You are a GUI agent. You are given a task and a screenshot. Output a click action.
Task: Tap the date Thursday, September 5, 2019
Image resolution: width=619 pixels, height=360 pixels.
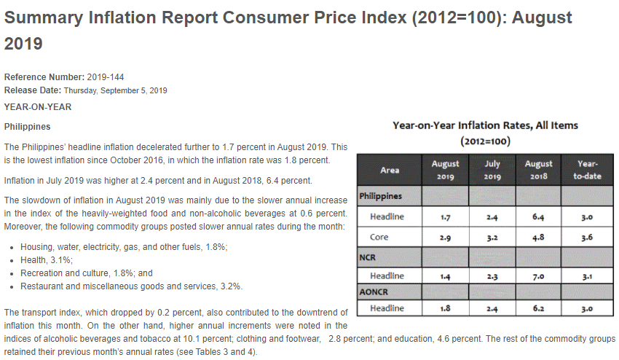click(x=115, y=90)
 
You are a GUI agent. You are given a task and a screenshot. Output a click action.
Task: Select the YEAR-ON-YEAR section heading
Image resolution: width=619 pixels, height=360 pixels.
click(x=38, y=107)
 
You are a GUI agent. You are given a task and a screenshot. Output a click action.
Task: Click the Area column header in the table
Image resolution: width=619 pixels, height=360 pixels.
click(x=390, y=171)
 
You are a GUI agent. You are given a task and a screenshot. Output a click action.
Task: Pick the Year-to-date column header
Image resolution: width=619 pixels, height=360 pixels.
click(x=586, y=171)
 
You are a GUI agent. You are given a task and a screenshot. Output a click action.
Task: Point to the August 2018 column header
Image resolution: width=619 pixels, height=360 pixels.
click(x=538, y=171)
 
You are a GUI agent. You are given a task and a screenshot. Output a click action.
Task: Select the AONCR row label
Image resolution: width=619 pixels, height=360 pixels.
click(x=373, y=291)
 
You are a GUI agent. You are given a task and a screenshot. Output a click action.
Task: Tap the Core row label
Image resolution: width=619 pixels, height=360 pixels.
click(x=379, y=238)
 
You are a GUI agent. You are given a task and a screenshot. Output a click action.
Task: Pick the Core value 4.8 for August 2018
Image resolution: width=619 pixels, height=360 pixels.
click(x=538, y=238)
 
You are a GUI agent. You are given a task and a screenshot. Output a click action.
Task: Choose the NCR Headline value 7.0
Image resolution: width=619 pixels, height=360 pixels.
click(x=538, y=276)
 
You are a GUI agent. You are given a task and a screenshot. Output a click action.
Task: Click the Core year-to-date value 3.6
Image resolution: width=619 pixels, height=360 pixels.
click(x=586, y=238)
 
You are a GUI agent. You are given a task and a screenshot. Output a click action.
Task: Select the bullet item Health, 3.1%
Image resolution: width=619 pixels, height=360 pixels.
click(x=47, y=260)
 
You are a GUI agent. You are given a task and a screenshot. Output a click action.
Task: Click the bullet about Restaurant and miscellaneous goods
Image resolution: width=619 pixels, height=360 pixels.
click(x=131, y=286)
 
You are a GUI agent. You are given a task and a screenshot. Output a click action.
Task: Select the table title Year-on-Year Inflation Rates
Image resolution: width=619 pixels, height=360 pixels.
click(x=485, y=125)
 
